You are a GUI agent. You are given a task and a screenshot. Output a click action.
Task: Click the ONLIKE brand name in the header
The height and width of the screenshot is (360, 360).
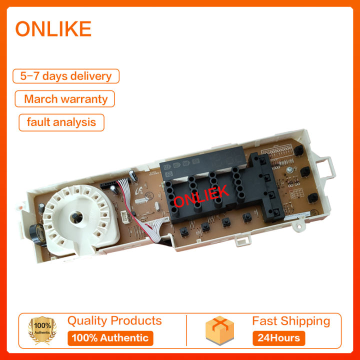coord(53,29)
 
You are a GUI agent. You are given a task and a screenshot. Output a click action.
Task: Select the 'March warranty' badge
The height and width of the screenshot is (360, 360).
coord(65,98)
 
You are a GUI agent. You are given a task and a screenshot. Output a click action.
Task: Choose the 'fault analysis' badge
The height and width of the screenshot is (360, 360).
coord(61,122)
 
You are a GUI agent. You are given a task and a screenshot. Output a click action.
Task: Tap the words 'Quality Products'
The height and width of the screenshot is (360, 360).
coord(114,320)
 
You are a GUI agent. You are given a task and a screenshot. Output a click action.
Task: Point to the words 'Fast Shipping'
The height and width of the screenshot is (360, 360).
coord(291,320)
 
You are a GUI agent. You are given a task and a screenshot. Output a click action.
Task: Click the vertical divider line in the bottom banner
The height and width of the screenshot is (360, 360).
coord(186,330)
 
